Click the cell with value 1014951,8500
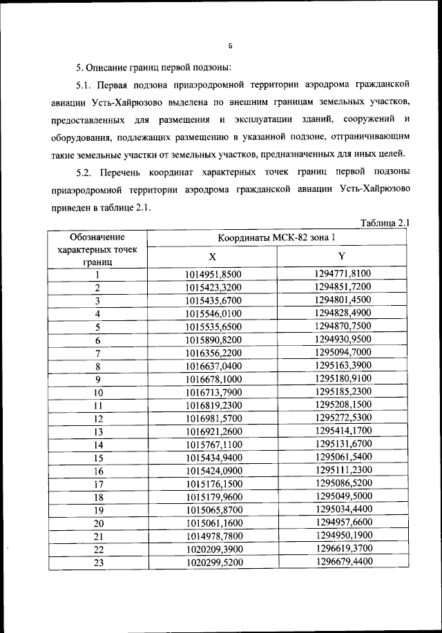[x=213, y=274]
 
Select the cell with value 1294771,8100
[x=343, y=274]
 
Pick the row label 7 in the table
[x=98, y=353]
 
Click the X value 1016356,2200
[x=213, y=353]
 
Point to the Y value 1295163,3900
[x=343, y=366]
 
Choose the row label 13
[x=98, y=431]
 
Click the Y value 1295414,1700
[x=343, y=431]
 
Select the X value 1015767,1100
[x=213, y=445]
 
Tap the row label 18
[x=98, y=497]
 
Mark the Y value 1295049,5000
[x=343, y=497]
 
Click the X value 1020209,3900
[x=213, y=549]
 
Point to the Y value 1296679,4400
[x=343, y=563]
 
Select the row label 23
[x=98, y=563]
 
